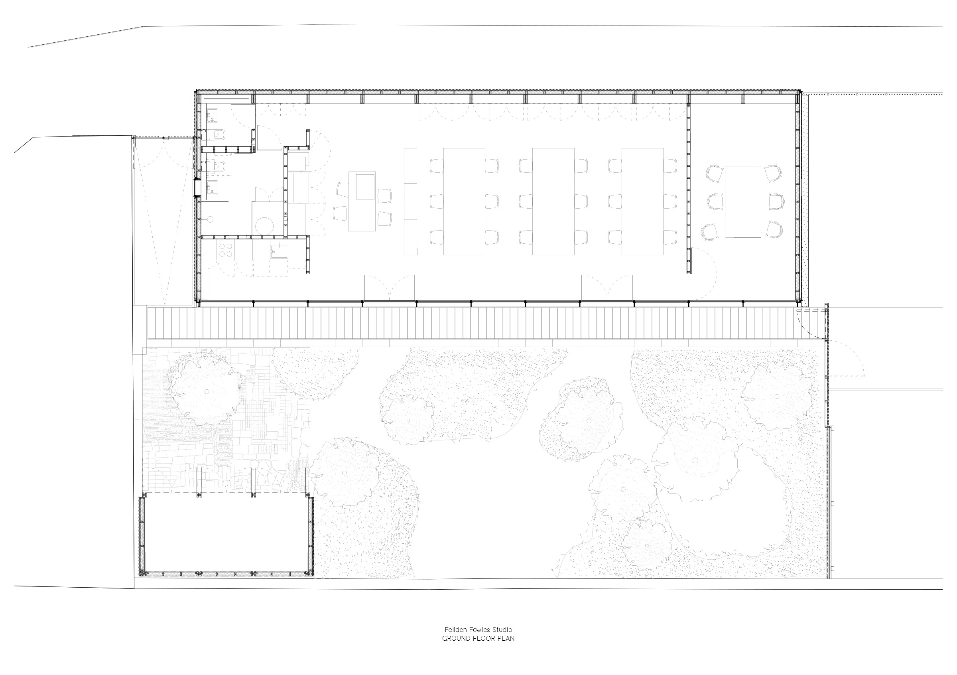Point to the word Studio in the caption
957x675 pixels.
(x=502, y=630)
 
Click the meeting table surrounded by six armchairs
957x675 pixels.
(x=743, y=202)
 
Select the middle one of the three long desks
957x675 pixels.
(x=553, y=201)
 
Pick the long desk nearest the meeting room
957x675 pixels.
(x=642, y=201)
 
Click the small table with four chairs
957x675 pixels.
(x=362, y=201)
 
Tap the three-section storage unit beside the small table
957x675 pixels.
(x=410, y=201)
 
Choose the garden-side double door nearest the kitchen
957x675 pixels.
(x=389, y=288)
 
